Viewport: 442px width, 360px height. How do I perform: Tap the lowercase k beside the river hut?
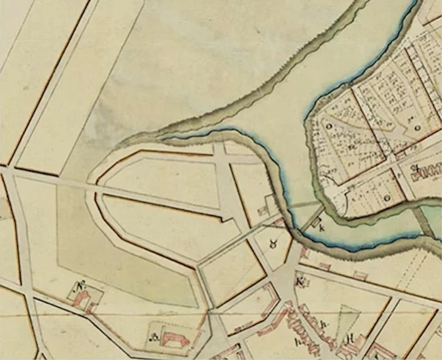click(x=321, y=228)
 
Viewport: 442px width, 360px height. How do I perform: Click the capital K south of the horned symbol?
click(x=298, y=281)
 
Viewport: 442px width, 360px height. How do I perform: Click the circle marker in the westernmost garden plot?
click(x=330, y=127)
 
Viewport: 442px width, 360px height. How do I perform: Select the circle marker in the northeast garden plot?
click(x=418, y=128)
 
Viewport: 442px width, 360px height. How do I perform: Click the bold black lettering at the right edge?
click(x=426, y=177)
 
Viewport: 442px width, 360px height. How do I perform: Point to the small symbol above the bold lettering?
click(x=415, y=167)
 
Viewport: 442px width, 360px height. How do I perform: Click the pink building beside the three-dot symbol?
click(x=175, y=338)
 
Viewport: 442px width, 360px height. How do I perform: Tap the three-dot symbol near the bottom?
click(x=154, y=337)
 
